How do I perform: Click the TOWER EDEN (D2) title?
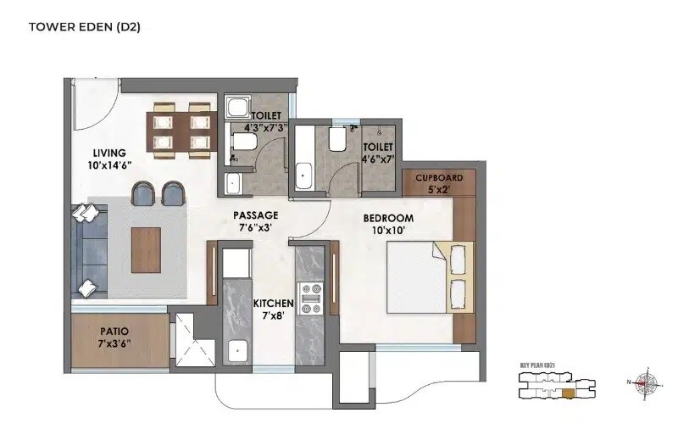click(85, 27)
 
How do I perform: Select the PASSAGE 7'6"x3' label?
click(256, 221)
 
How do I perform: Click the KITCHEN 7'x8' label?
click(273, 310)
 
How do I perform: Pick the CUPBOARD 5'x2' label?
click(439, 183)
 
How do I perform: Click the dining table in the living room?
click(179, 131)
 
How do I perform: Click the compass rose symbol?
click(647, 382)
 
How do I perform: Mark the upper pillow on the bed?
click(459, 255)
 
